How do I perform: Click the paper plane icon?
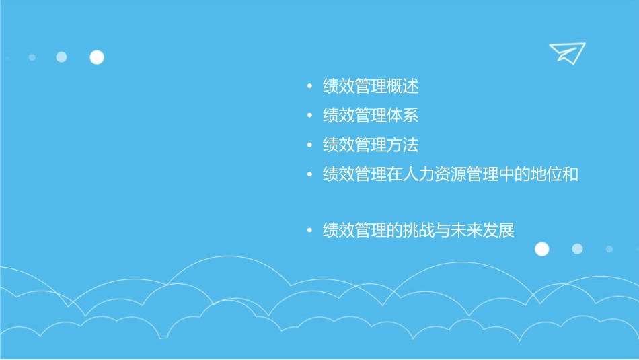pyautogui.click(x=566, y=52)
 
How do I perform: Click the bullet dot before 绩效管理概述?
pyautogui.click(x=309, y=87)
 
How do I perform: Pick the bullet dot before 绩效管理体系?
pyautogui.click(x=309, y=116)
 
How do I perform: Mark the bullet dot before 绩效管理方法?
pyautogui.click(x=309, y=145)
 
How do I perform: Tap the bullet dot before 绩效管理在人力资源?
pyautogui.click(x=309, y=174)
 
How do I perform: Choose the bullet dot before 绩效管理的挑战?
pyautogui.click(x=309, y=231)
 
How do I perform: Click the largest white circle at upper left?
pyautogui.click(x=97, y=57)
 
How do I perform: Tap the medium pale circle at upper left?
pyautogui.click(x=61, y=57)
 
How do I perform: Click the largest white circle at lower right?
pyautogui.click(x=541, y=249)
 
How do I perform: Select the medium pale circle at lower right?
pyautogui.click(x=577, y=249)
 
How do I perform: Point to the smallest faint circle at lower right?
pyautogui.click(x=609, y=249)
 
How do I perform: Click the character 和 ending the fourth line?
pyautogui.click(x=571, y=174)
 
